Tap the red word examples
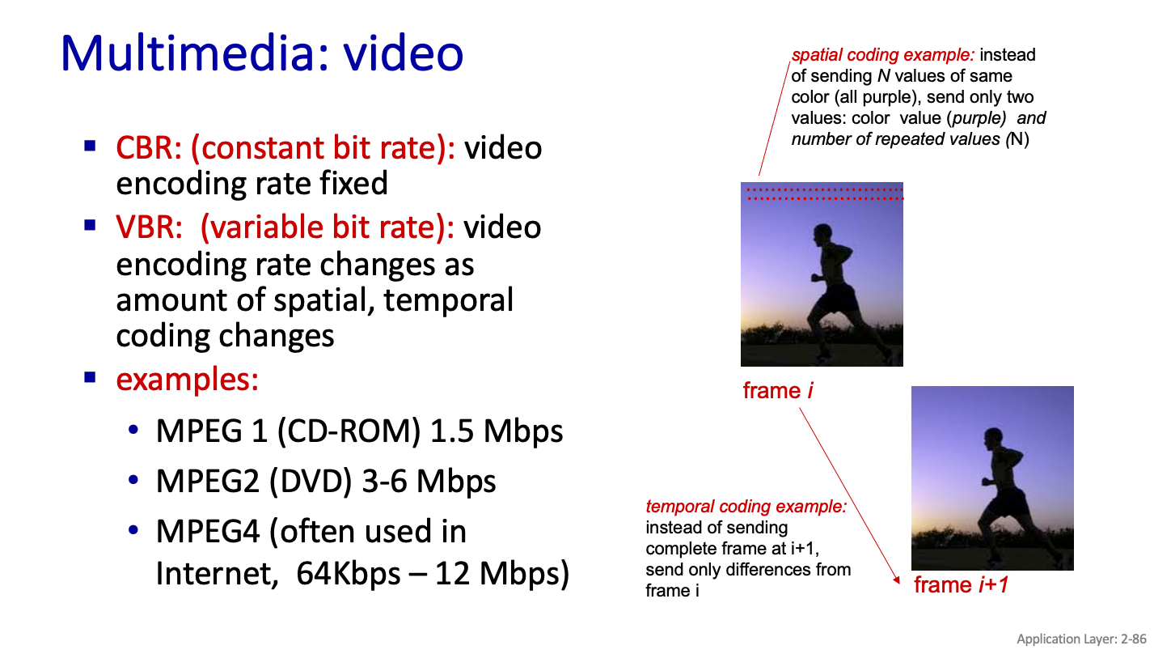click(187, 379)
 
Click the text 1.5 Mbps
click(497, 431)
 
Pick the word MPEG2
click(208, 482)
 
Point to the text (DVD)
click(311, 482)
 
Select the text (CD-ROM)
click(349, 431)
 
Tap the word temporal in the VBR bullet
click(449, 301)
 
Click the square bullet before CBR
click(90, 146)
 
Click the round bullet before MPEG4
click(133, 530)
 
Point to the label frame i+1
click(961, 585)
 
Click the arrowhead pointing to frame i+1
click(897, 580)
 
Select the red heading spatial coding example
click(883, 55)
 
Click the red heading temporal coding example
click(746, 507)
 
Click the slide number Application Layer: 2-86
click(1081, 639)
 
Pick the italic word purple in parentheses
click(976, 118)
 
